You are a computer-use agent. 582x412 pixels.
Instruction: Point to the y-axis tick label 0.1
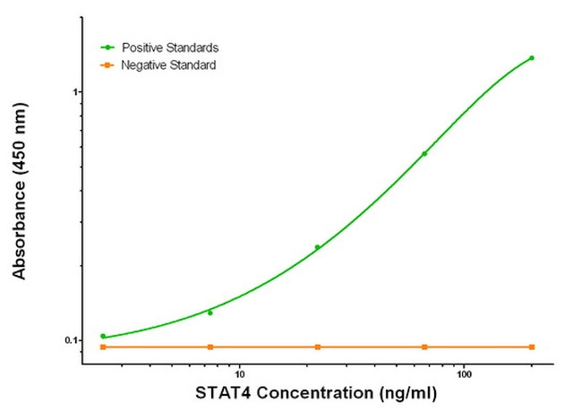pyautogui.click(x=71, y=340)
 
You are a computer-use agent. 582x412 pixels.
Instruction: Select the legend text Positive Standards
pyautogui.click(x=169, y=47)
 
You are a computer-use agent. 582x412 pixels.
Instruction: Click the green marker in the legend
pyautogui.click(x=108, y=47)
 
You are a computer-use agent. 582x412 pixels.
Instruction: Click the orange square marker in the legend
pyautogui.click(x=108, y=65)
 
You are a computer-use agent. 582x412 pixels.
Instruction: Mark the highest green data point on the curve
pyautogui.click(x=532, y=58)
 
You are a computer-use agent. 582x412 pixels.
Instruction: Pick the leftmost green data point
pyautogui.click(x=103, y=336)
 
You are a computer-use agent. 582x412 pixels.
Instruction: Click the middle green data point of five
pyautogui.click(x=317, y=247)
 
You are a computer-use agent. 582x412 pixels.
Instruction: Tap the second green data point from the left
pyautogui.click(x=210, y=313)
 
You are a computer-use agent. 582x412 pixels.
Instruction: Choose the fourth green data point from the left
pyautogui.click(x=424, y=154)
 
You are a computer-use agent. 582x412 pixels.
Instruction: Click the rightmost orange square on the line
pyautogui.click(x=532, y=347)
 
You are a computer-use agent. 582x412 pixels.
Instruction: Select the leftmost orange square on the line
pyautogui.click(x=103, y=347)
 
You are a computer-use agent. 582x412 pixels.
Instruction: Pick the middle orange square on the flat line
pyautogui.click(x=317, y=347)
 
